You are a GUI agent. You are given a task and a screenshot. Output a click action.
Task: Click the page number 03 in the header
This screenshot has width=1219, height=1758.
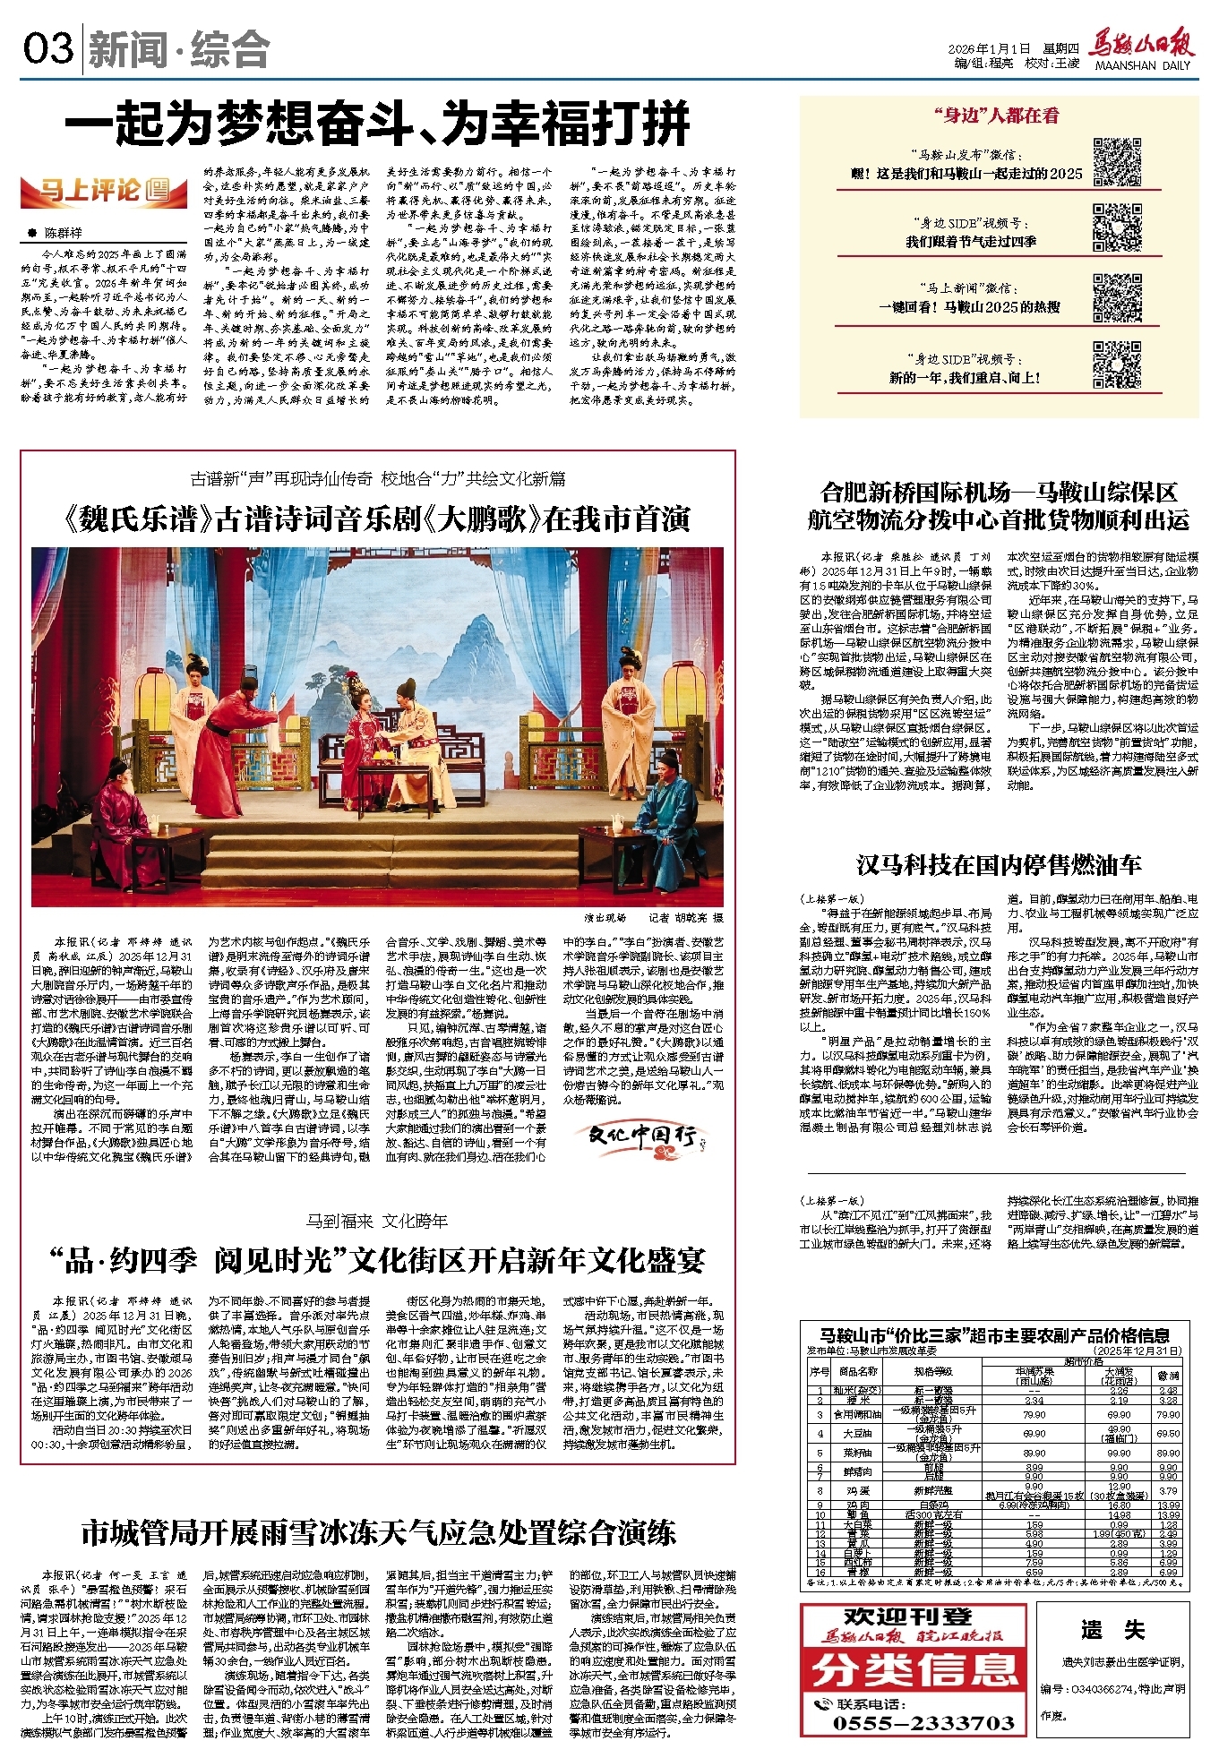pyautogui.click(x=49, y=47)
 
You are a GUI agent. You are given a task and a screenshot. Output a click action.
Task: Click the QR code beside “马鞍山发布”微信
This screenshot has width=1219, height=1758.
pyautogui.click(x=1116, y=160)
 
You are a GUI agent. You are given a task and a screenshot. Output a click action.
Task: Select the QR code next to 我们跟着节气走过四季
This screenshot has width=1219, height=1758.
pyautogui.click(x=1116, y=227)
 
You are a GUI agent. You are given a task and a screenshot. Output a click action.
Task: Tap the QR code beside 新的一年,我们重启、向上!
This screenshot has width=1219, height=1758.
pyautogui.click(x=1116, y=364)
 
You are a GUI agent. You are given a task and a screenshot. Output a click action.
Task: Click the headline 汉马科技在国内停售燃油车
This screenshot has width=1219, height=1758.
pyautogui.click(x=999, y=864)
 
